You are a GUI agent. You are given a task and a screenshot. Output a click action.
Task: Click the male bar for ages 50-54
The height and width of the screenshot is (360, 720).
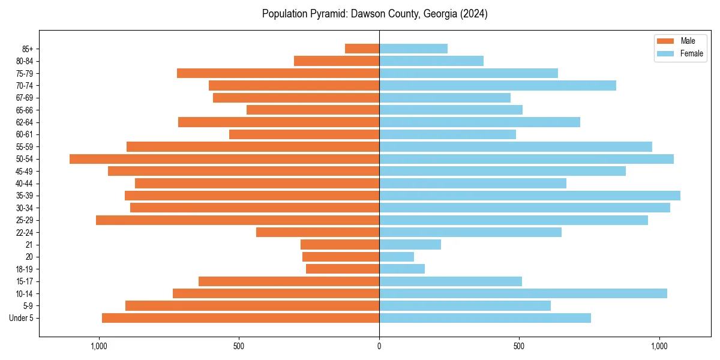pos(224,159)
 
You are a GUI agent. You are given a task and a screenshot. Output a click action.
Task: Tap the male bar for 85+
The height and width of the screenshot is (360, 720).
pos(362,49)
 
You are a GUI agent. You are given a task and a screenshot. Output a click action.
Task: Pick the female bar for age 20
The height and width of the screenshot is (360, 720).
pos(397,257)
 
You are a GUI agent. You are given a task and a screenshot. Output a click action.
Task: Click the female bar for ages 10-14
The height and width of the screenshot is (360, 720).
pos(523,293)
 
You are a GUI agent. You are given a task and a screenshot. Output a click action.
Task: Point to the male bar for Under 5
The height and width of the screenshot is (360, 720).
pos(241,318)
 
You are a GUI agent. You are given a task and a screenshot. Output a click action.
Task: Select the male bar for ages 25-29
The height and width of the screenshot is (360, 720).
pos(238,220)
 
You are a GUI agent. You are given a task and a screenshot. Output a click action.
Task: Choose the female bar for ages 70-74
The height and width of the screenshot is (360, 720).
pos(497,86)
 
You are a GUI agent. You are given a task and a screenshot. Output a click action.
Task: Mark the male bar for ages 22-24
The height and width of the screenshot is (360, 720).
pos(317,232)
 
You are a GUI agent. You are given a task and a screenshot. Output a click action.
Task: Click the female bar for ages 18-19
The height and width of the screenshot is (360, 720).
pos(402,269)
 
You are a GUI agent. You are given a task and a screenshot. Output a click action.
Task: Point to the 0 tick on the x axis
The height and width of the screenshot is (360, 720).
pos(379,346)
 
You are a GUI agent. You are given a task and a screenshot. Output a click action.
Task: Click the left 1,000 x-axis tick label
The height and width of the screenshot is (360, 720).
pos(99,346)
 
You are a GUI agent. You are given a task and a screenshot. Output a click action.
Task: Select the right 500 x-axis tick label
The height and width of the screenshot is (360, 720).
pos(519,346)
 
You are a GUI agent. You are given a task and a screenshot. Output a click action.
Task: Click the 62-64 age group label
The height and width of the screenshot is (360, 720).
pos(24,122)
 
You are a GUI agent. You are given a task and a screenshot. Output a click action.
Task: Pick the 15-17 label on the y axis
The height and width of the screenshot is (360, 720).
pos(24,281)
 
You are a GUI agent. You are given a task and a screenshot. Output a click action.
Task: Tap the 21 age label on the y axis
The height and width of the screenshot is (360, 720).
pos(29,245)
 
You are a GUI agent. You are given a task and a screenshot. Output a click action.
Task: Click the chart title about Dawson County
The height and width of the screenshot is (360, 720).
pos(374,14)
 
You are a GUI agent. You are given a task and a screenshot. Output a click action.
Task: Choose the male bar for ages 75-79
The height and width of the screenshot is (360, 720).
pos(278,73)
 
